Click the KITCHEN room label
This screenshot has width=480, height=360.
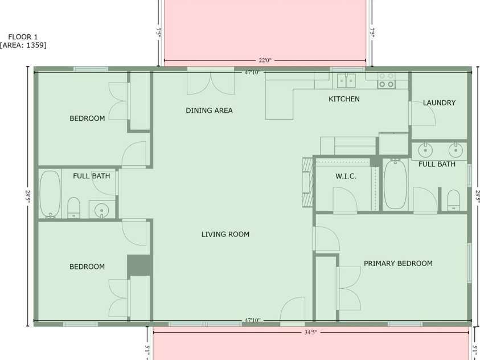(344, 99)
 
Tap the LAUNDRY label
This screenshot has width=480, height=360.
(439, 103)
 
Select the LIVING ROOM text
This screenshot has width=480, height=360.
(225, 235)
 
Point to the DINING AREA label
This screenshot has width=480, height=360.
(209, 111)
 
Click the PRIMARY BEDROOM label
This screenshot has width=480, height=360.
(398, 264)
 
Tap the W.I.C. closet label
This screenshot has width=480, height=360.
(346, 177)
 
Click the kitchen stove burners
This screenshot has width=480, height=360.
(386, 80)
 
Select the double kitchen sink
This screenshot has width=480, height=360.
(346, 80)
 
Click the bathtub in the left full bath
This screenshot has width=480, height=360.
(50, 194)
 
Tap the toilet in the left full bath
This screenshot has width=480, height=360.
(73, 207)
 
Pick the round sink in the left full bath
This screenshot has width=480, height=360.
(101, 210)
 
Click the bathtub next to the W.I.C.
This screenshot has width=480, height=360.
(395, 185)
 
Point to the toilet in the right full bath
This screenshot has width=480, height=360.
(453, 200)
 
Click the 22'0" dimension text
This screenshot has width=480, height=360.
(265, 60)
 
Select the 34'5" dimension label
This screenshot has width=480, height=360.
(311, 332)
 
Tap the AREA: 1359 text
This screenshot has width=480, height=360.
(23, 46)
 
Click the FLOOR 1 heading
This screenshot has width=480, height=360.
(23, 37)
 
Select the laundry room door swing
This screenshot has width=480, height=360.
(424, 113)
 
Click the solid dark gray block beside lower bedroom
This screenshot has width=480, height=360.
(139, 265)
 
